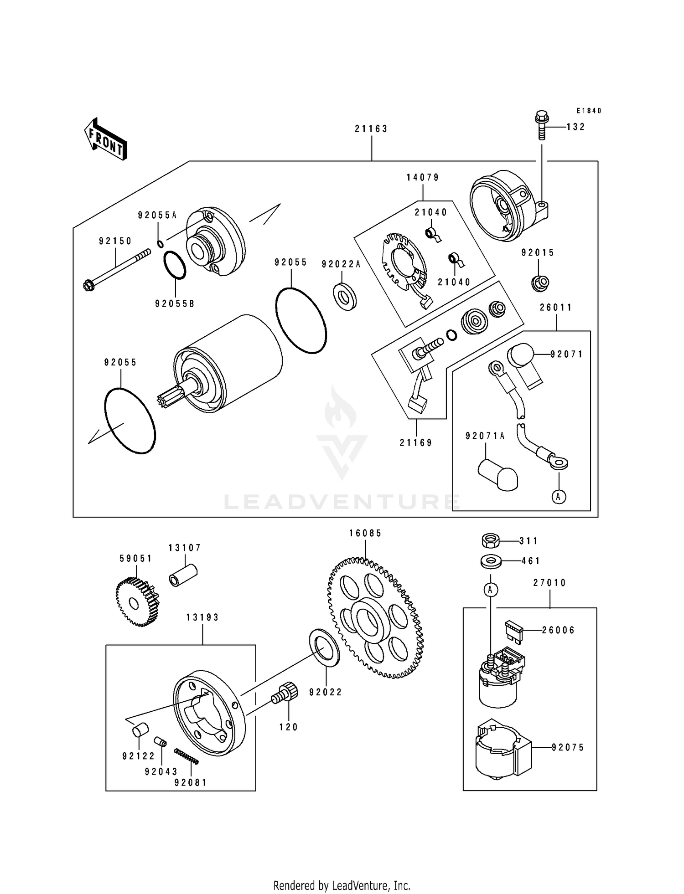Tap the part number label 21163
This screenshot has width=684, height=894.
click(371, 129)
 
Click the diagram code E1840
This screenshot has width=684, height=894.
click(589, 111)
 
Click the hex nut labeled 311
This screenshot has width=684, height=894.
click(490, 541)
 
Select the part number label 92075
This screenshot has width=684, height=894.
click(568, 747)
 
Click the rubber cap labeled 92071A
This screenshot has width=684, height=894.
click(497, 475)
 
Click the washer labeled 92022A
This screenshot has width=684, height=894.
click(345, 296)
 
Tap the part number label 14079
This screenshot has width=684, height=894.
click(423, 178)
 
